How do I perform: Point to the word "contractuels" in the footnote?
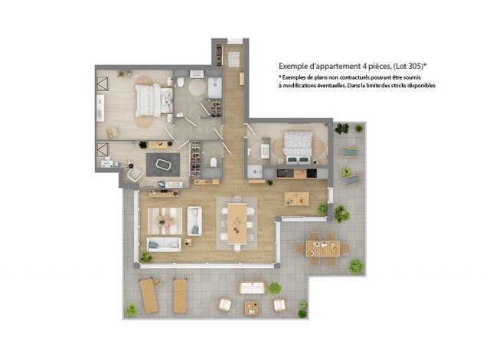(x=355, y=77)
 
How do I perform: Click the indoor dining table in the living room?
(x=237, y=223)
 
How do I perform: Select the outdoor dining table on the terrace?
(x=323, y=248)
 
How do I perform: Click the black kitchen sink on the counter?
(x=282, y=173)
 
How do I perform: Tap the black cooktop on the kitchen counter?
(x=312, y=173)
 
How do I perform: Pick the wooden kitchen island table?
(x=296, y=198)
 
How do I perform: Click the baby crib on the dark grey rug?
(x=163, y=165)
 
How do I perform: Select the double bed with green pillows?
(x=298, y=148)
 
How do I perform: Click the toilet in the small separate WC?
(x=214, y=162)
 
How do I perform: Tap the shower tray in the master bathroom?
(x=215, y=87)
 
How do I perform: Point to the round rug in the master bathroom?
(x=197, y=87)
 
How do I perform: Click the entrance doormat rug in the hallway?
(x=234, y=60)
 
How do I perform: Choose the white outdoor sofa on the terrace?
(x=252, y=288)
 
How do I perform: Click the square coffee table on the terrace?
(x=252, y=308)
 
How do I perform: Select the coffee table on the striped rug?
(x=166, y=221)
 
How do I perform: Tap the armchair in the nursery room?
(x=135, y=173)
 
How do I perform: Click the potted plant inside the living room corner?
(x=145, y=257)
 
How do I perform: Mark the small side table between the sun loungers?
(x=158, y=283)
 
